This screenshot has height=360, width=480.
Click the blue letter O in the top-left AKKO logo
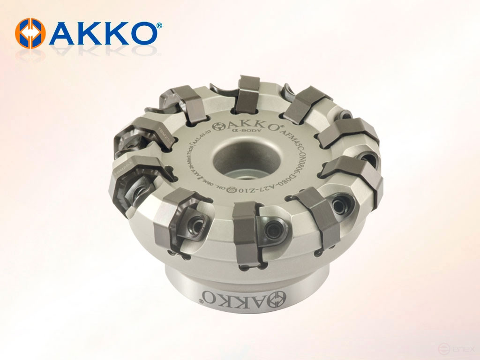141,33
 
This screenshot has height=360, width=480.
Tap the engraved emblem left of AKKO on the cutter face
217,127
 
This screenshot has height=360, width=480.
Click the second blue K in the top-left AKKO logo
113,33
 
